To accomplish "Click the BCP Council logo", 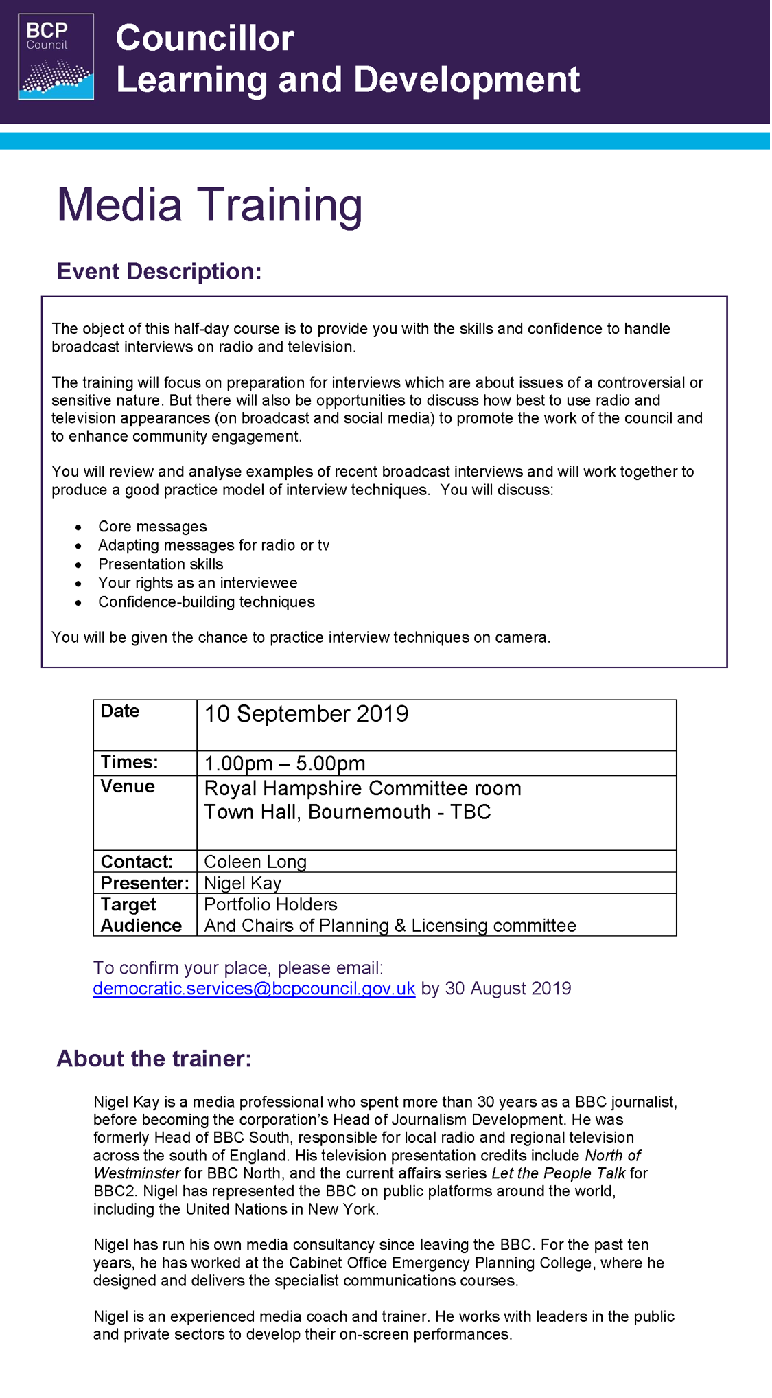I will coord(56,57).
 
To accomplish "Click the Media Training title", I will coord(209,205).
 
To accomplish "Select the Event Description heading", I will coord(159,272).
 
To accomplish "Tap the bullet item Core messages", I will coord(152,527).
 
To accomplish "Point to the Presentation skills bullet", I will coord(161,564).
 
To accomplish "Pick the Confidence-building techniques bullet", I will coord(207,602).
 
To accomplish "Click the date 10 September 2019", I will coord(306,714).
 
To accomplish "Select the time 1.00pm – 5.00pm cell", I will coord(285,764).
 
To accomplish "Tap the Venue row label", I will coord(128,787).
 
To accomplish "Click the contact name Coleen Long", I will coord(255,862).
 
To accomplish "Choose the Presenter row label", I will coord(145,883).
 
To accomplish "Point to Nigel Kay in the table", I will coord(243,883).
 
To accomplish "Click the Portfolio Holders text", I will coord(270,905).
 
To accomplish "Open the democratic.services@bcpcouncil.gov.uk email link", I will coord(254,989).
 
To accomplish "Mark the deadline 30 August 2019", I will coord(508,989).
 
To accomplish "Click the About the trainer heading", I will coord(154,1059).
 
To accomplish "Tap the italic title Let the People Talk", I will coord(559,1173).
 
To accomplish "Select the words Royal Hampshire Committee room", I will coord(362,788).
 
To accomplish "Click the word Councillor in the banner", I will coord(205,38).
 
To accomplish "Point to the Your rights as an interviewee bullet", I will coord(198,583).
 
